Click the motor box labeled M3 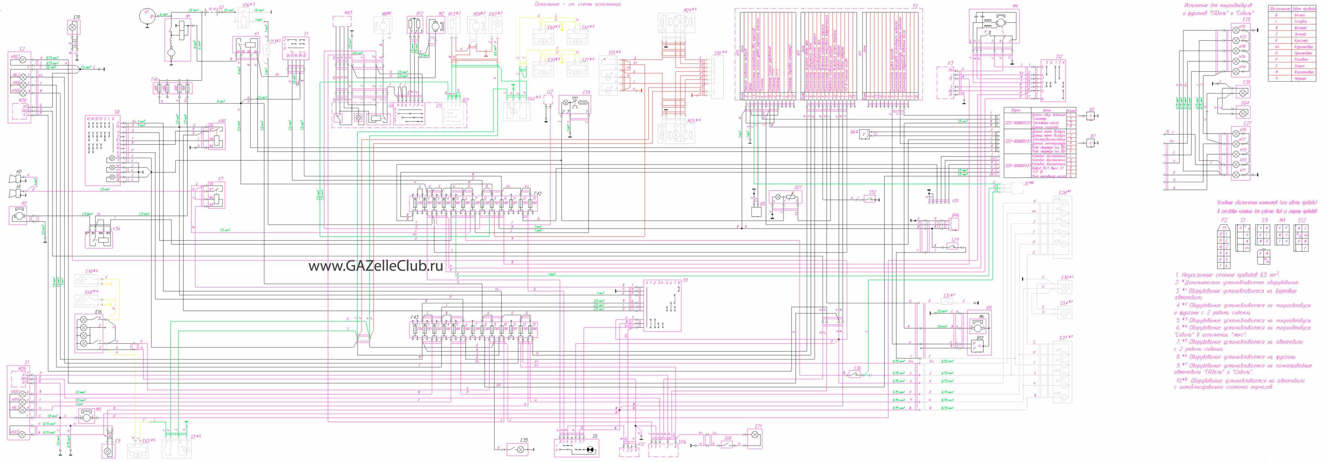[x=19, y=215]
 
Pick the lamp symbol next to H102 [x=23, y=60]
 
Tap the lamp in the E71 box [x=755, y=435]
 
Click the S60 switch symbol [x=727, y=443]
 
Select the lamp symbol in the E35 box [x=521, y=450]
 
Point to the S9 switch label [x=685, y=280]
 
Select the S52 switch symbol [x=869, y=199]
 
